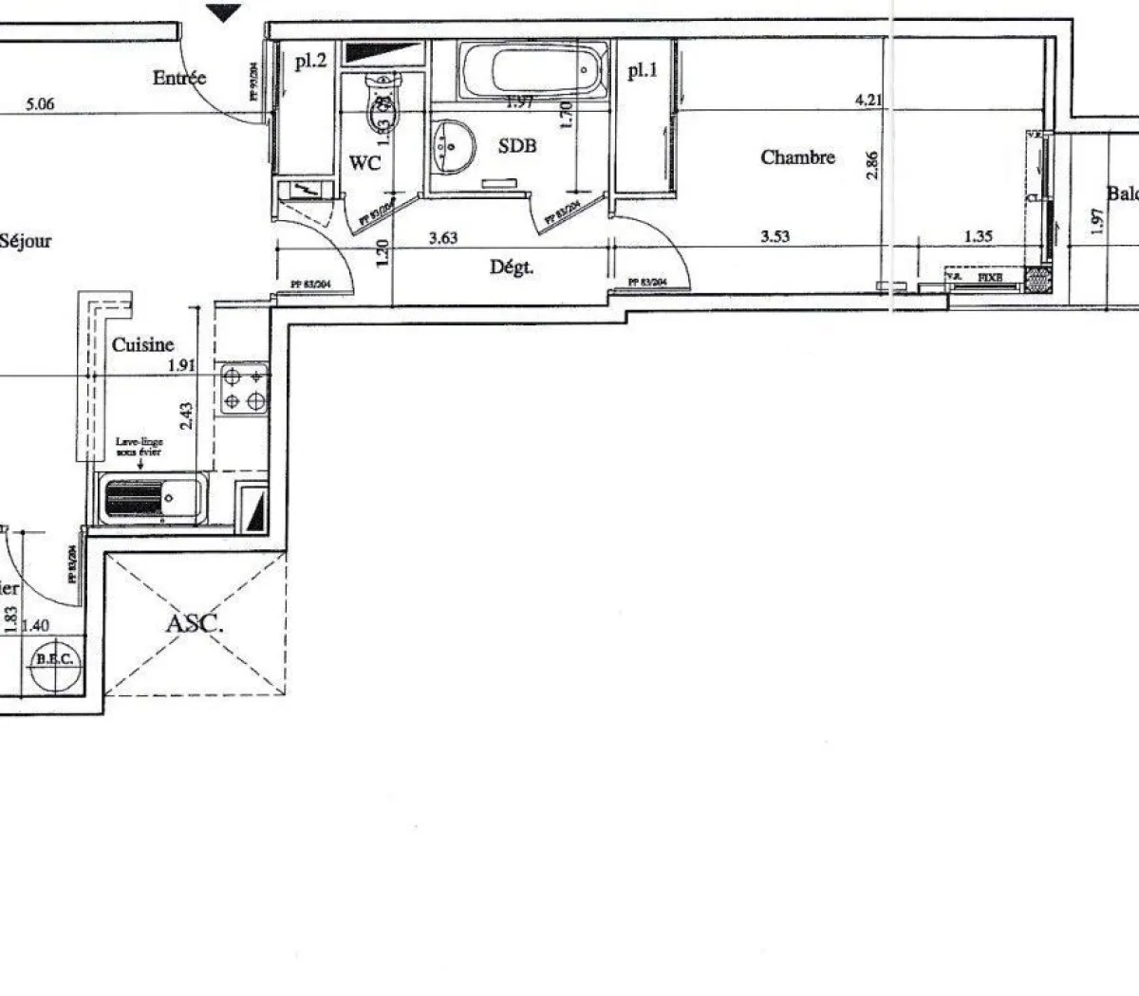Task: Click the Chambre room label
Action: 797,157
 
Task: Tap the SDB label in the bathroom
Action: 517,145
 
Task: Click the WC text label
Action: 364,163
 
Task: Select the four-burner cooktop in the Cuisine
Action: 243,390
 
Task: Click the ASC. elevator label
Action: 195,625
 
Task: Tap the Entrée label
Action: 178,78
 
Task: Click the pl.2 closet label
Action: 310,63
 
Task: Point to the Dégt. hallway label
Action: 511,267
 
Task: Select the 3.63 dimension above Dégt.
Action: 442,238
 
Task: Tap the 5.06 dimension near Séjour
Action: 39,105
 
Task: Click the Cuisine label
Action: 142,345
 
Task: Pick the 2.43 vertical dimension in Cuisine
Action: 186,415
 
